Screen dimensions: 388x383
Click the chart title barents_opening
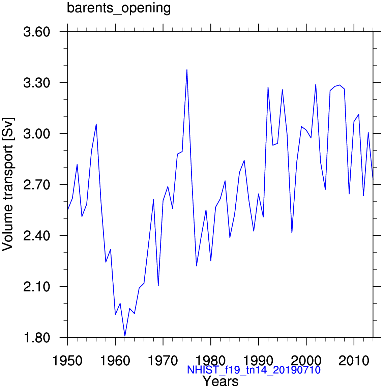click(x=119, y=8)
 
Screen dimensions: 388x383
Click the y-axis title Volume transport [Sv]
click(x=8, y=184)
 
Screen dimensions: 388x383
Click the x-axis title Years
click(x=220, y=382)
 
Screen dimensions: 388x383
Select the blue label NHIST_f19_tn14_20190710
click(x=254, y=370)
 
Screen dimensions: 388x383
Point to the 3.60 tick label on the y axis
click(x=36, y=32)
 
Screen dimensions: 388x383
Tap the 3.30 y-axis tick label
click(x=36, y=83)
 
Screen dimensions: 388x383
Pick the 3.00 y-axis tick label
click(x=36, y=134)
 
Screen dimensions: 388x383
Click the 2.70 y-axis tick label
click(x=36, y=185)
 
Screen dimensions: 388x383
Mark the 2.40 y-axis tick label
click(x=36, y=236)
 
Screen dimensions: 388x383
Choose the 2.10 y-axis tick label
click(x=36, y=287)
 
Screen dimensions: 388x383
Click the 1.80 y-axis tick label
click(x=36, y=338)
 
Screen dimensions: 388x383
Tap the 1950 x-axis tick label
click(x=67, y=361)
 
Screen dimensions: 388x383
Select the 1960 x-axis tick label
click(x=115, y=361)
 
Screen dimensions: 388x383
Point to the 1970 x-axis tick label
click(x=163, y=361)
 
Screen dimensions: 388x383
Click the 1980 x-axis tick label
click(x=211, y=361)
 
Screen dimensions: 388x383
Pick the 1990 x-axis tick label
click(x=258, y=361)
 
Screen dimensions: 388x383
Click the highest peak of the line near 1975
click(x=187, y=70)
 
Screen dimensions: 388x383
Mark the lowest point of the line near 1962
click(x=125, y=336)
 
